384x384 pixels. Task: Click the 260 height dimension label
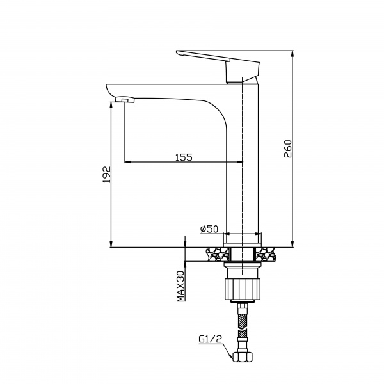coord(288,148)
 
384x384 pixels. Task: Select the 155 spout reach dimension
coord(184,157)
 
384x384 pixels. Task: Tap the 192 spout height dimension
coord(106,175)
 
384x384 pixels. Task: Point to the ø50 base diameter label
coord(209,228)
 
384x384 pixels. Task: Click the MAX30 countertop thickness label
coord(180,286)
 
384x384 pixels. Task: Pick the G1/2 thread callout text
coord(210,339)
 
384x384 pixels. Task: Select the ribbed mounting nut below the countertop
coord(243,289)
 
